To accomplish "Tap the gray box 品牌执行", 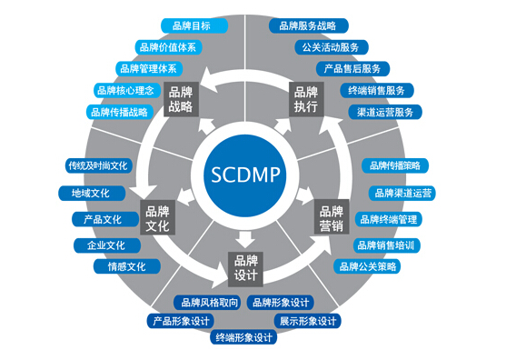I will pos(306,98).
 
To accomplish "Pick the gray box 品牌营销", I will pos(329,217).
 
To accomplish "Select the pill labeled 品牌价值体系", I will pos(168,46).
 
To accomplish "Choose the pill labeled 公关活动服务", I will pos(330,46).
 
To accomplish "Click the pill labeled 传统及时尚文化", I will pos(99,165).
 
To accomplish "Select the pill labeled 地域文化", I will pos(90,193).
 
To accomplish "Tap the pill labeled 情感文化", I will pos(125,267).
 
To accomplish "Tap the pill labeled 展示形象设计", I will pos(309,321).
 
